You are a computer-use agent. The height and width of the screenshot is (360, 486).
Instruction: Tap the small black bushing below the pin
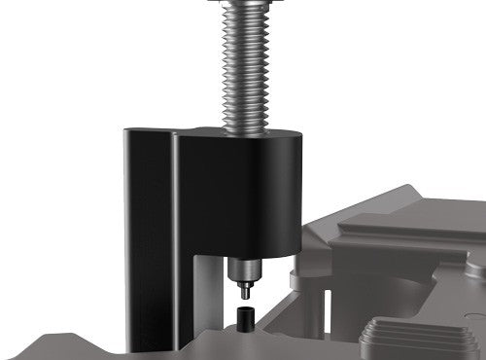(x=245, y=315)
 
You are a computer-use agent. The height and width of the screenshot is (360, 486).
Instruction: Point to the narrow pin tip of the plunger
(x=244, y=289)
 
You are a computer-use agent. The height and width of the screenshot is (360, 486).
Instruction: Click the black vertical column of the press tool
(x=148, y=243)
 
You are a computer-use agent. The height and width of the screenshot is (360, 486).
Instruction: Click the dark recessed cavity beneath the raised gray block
(x=389, y=292)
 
